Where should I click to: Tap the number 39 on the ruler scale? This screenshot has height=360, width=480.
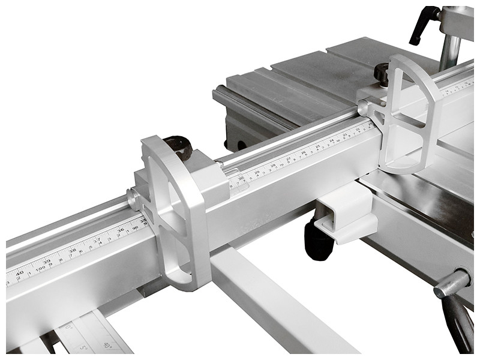[x=47, y=262]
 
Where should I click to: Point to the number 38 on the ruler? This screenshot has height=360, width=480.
[x=72, y=251]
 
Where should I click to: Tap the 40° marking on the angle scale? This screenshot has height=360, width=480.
[x=107, y=345]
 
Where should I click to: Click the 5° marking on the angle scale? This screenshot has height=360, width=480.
[x=83, y=347]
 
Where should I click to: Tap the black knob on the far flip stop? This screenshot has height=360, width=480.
[x=382, y=73]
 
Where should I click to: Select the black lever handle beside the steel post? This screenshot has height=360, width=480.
[x=424, y=24]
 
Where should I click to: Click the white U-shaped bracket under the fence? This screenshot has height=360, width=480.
[x=345, y=213]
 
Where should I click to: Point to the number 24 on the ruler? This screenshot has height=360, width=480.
[x=331, y=140]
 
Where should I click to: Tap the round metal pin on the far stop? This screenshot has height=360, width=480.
[x=363, y=107]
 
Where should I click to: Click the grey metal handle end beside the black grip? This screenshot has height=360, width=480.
[x=452, y=283]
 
